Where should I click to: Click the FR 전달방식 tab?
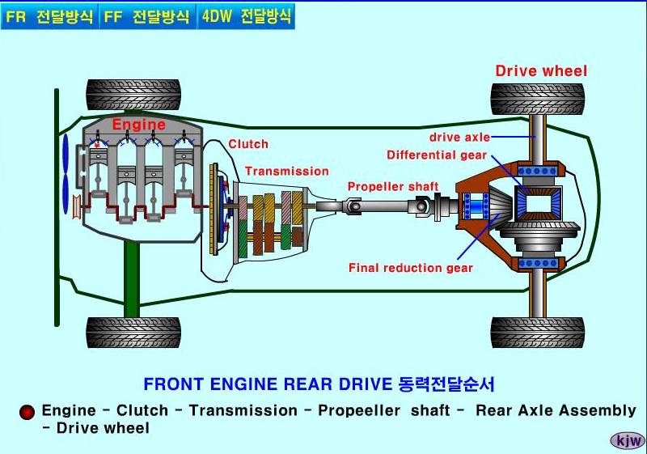pos(49,16)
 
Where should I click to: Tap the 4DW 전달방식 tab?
pos(246,16)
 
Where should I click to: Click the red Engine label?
pos(138,125)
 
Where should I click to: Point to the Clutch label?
pos(248,144)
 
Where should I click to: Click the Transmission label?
pos(287,171)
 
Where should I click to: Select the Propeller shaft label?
pos(393,187)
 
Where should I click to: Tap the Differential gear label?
pos(437,155)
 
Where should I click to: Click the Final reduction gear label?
pos(411,268)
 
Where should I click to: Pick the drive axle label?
pos(459,138)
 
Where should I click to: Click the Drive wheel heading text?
pos(541,70)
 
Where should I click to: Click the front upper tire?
pos(133,95)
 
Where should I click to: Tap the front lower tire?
pos(133,332)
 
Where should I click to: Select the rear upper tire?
pos(538,98)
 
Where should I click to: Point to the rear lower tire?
pos(538,332)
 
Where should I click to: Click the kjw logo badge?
pos(628,440)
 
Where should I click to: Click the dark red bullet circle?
pos(27,412)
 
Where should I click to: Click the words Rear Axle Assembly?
pos(556,410)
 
